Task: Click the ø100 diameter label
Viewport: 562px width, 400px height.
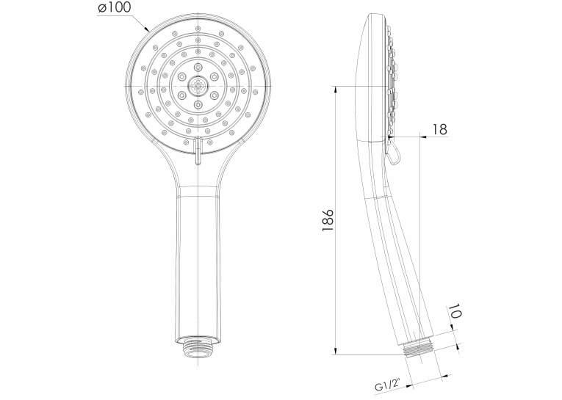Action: pos(115,8)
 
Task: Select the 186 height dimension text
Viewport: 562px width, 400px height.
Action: pos(328,220)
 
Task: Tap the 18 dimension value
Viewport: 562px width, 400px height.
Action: pos(439,129)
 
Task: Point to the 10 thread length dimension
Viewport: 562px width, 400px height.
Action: pos(454,311)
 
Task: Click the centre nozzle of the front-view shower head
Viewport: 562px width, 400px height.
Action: pos(198,87)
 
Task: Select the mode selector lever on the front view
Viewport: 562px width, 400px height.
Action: pos(198,151)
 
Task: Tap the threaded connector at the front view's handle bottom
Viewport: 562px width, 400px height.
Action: pos(198,346)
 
